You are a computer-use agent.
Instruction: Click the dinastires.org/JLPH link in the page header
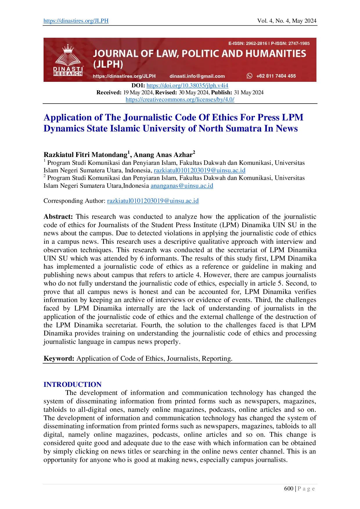point(76,21)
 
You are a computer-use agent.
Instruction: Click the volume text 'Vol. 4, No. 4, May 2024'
point(287,21)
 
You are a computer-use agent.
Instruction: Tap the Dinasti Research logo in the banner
point(68,60)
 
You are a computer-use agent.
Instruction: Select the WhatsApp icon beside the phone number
point(249,76)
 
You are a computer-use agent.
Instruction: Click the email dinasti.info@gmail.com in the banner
point(197,76)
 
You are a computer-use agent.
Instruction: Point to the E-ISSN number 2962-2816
point(256,44)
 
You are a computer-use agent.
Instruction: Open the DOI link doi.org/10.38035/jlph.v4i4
point(187,85)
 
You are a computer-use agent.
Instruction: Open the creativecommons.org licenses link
point(180,99)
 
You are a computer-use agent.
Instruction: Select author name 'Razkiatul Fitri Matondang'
point(85,155)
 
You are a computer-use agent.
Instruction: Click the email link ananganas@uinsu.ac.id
point(182,186)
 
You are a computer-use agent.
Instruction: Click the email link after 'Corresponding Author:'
point(153,201)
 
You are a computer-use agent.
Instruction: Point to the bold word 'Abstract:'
point(58,216)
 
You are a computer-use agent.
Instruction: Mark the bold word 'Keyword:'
point(59,358)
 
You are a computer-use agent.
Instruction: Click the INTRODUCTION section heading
point(73,385)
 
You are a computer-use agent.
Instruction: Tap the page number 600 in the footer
point(289,488)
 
